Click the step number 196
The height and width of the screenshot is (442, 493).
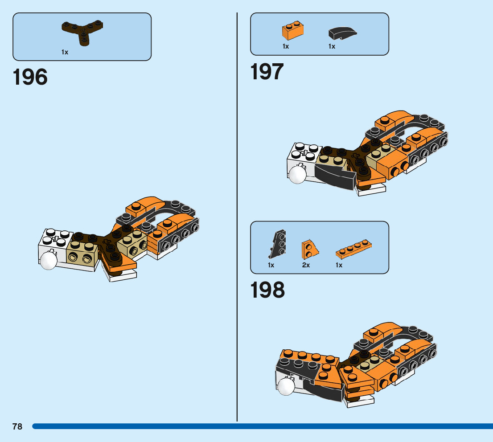coord(30,78)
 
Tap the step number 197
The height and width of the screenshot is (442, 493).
coord(267,72)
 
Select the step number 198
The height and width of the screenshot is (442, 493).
coord(267,291)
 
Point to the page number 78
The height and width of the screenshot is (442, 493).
coord(17,427)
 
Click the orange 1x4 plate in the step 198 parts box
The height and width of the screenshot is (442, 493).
coord(354,250)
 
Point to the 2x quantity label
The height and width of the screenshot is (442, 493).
coord(306,265)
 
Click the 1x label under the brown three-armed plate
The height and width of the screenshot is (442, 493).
coord(65,52)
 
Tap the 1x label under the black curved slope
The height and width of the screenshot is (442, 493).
coord(332,46)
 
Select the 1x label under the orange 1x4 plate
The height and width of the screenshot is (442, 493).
coord(339,265)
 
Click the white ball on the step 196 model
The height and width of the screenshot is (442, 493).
coord(48,262)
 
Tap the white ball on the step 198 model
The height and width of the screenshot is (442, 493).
coord(286,387)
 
